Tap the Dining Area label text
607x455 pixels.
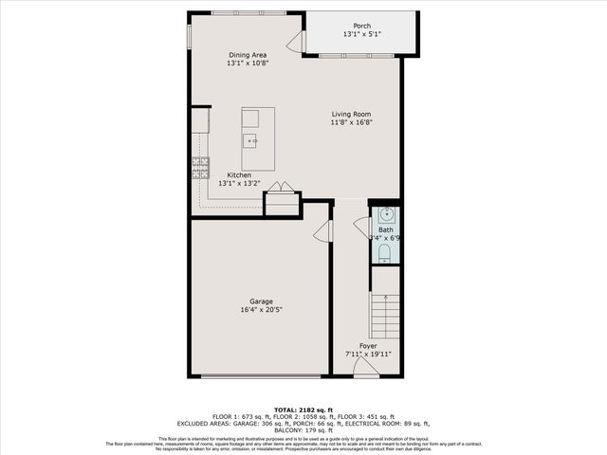pos(248,55)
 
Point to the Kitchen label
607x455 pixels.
pos(238,174)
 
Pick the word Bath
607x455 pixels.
pos(386,229)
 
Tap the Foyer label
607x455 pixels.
pos(368,346)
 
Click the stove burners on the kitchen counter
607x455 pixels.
pos(200,168)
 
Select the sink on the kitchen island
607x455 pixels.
pos(251,141)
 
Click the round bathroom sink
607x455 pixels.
pos(385,213)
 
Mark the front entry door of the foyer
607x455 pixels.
pos(366,369)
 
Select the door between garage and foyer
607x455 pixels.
pos(323,230)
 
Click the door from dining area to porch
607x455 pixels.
pos(295,42)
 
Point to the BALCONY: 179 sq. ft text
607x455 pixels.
pos(303,430)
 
